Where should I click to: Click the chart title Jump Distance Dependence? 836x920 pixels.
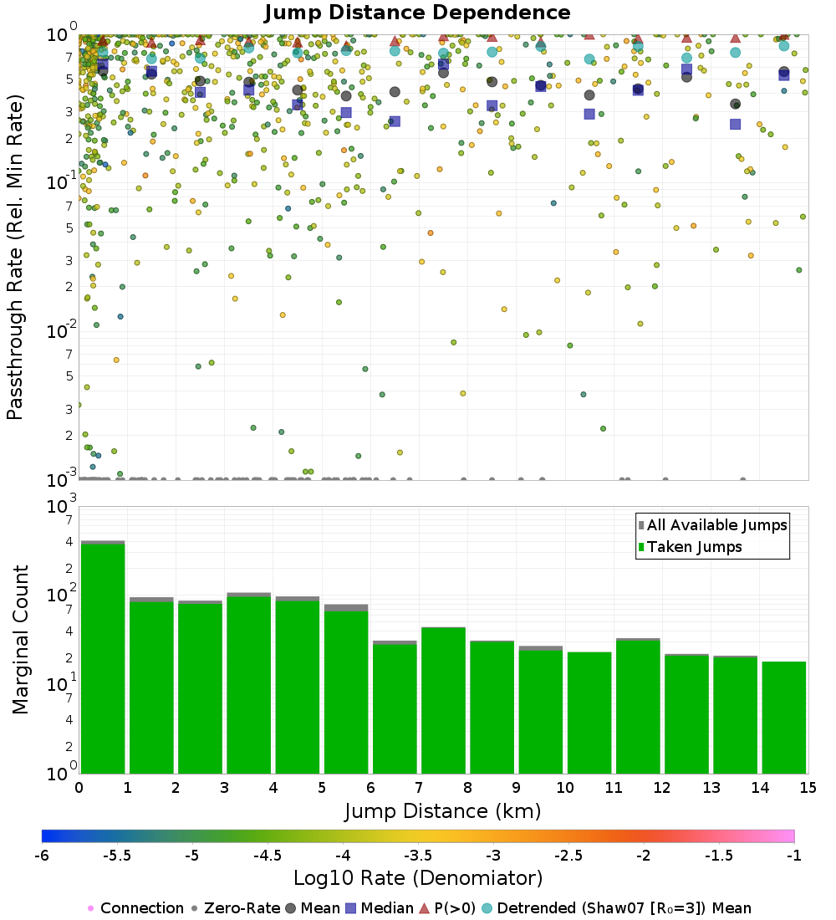[x=417, y=13]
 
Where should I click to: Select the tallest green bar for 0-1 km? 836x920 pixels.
[x=102, y=657]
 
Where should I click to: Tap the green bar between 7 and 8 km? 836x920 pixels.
[x=442, y=699]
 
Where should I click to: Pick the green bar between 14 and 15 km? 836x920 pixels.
[x=783, y=717]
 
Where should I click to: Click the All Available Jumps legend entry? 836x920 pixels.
[x=716, y=525]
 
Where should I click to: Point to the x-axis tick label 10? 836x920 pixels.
[x=564, y=788]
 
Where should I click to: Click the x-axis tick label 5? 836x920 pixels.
[x=321, y=788]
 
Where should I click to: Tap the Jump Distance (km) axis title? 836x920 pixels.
[x=442, y=810]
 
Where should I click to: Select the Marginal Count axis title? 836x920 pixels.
[x=20, y=640]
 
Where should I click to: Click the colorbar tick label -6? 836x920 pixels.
[x=42, y=856]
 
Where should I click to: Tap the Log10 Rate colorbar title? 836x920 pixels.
[x=418, y=878]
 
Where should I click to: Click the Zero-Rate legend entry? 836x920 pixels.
[x=232, y=908]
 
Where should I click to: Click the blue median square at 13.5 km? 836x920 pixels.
[x=735, y=124]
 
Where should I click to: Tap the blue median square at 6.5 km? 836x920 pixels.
[x=395, y=121]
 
